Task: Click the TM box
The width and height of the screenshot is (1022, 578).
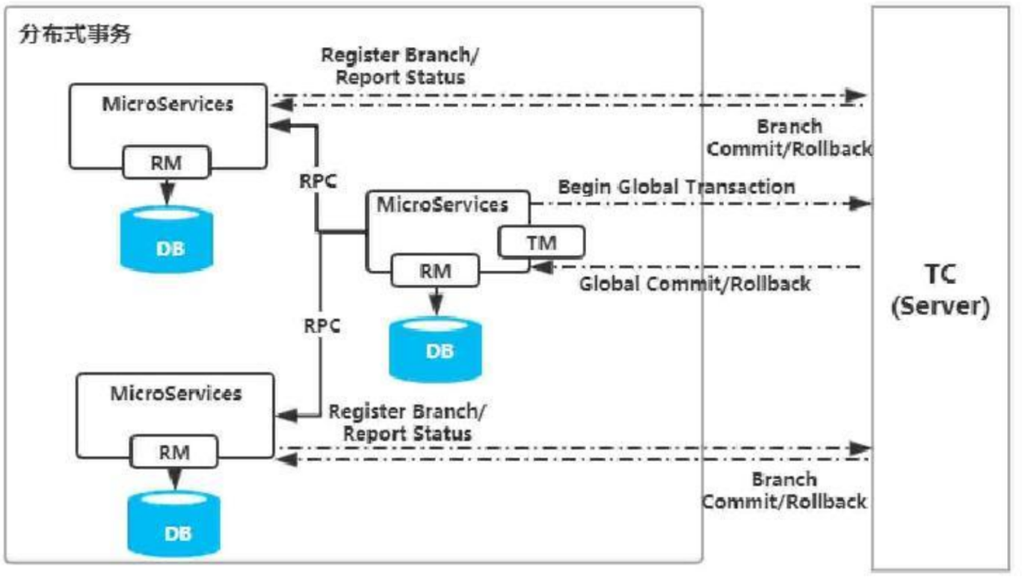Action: coord(542,242)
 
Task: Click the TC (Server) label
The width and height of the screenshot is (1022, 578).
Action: coord(940,290)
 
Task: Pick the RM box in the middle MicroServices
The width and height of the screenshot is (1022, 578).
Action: coord(435,271)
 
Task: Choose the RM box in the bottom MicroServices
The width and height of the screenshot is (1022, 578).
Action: coord(173,452)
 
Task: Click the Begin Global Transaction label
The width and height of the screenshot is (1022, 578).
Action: coord(677,186)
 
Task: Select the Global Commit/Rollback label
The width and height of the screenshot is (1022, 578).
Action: coord(695,283)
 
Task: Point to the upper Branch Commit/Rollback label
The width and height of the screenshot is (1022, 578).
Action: coord(789,138)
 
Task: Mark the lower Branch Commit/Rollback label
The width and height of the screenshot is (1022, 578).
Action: coord(784,490)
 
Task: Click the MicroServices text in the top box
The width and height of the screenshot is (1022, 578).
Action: coord(167,104)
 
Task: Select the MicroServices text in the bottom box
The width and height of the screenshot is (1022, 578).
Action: coord(176,393)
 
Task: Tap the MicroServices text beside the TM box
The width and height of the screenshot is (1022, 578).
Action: coord(442,204)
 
